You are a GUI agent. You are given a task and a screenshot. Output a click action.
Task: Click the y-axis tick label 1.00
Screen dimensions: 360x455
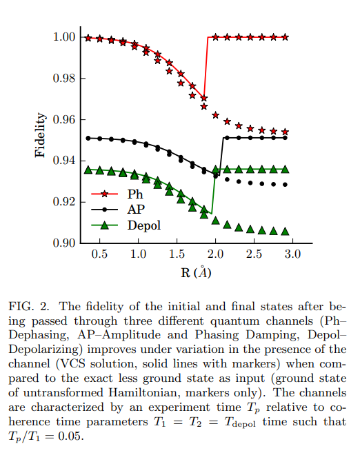point(64,37)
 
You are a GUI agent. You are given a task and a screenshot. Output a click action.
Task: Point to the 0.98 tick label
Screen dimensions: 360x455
point(64,79)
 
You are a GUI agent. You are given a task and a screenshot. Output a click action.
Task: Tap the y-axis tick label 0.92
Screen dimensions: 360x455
point(64,202)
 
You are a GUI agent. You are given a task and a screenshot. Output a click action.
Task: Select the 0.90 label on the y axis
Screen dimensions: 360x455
point(64,243)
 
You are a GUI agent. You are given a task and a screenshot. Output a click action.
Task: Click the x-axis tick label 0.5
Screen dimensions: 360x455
point(99,254)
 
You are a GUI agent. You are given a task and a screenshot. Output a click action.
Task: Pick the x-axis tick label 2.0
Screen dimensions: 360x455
point(215,254)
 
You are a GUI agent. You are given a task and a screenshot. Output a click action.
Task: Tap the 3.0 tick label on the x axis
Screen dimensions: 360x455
point(292,254)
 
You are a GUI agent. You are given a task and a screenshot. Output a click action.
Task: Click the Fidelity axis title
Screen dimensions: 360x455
point(40,135)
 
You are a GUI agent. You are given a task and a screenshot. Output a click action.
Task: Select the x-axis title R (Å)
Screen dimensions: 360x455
point(196,272)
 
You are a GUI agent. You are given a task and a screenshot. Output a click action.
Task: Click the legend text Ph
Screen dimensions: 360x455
point(135,194)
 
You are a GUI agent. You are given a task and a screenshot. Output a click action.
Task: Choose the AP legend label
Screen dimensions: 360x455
point(136,210)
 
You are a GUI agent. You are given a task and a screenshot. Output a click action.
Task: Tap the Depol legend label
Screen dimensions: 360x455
point(144,225)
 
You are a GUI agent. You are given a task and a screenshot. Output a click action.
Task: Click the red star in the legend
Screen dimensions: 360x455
point(105,194)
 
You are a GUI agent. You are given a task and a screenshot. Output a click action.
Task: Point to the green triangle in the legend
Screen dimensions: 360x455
point(105,225)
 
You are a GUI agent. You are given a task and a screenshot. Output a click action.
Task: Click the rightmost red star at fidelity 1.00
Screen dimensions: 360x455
point(285,37)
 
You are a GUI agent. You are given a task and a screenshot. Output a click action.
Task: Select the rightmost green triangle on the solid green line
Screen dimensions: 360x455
point(285,170)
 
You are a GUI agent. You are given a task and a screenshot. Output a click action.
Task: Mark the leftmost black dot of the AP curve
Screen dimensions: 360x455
point(88,138)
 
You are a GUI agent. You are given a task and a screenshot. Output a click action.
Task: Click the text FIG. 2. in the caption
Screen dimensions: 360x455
point(29,307)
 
